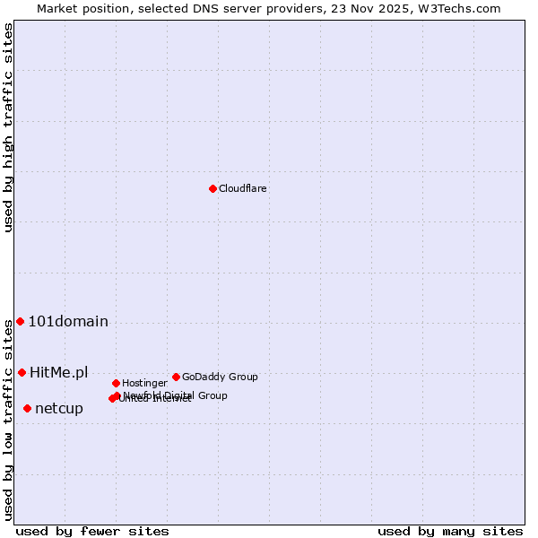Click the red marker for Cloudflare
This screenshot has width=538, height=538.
point(213,188)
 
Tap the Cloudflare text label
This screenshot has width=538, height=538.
point(242,188)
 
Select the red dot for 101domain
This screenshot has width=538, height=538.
point(20,321)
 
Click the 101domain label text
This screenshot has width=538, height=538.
point(68,322)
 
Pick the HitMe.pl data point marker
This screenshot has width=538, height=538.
point(22,372)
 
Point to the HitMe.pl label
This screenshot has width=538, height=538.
point(58,372)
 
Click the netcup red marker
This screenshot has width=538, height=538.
point(27,408)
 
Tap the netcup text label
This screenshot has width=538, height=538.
point(58,409)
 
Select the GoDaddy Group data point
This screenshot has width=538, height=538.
point(176,377)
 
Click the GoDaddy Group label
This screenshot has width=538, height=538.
point(220,377)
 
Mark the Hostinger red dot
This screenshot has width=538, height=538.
point(116,383)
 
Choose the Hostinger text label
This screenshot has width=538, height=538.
point(144,383)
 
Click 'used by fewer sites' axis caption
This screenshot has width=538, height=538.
point(92,531)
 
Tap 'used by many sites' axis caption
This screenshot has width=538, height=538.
point(450,531)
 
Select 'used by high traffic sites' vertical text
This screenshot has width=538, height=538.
point(8,127)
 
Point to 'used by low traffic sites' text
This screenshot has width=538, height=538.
point(8,420)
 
